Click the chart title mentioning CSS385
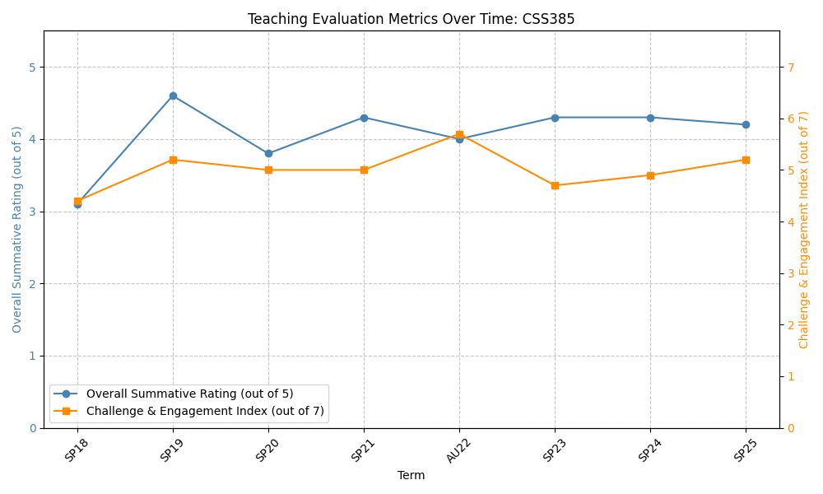tap(411, 19)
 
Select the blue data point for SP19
tap(173, 96)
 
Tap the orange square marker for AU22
tap(459, 134)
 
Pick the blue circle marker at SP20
tap(268, 153)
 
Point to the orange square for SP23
tap(555, 185)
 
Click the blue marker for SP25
tap(746, 124)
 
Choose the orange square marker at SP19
tap(173, 160)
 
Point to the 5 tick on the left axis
tap(32, 67)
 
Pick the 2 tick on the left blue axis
tap(32, 284)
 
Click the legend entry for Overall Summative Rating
tap(189, 394)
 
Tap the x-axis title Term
tap(411, 475)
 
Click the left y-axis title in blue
tap(17, 230)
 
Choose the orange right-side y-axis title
tap(804, 230)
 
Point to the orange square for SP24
tap(650, 175)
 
